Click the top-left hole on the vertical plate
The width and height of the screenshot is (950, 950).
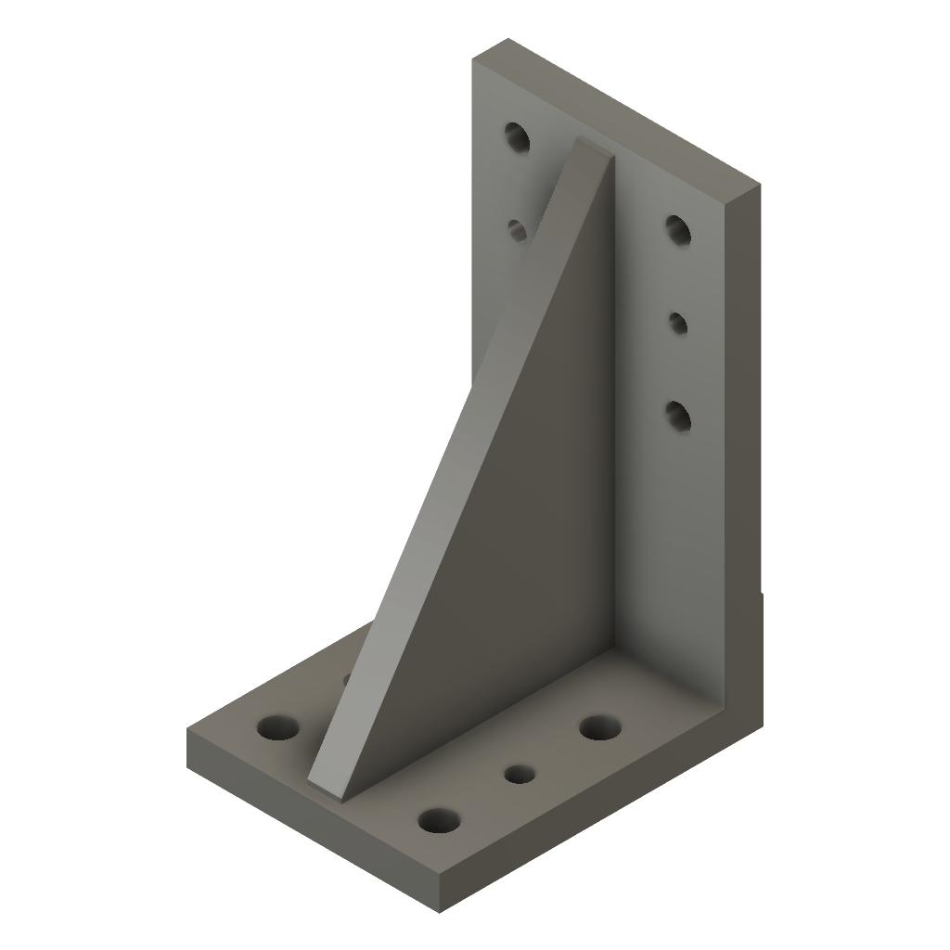point(517,139)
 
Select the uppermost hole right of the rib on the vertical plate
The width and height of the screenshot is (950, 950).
point(678,230)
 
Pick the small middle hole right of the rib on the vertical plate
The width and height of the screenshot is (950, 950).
point(678,323)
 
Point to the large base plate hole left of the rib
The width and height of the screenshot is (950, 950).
point(278,727)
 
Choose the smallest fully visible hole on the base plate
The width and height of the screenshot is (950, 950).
point(520,773)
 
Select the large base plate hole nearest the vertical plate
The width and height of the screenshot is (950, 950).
point(600,727)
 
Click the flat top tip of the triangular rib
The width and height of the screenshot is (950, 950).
point(594,148)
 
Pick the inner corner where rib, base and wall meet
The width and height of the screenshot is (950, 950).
point(613,649)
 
